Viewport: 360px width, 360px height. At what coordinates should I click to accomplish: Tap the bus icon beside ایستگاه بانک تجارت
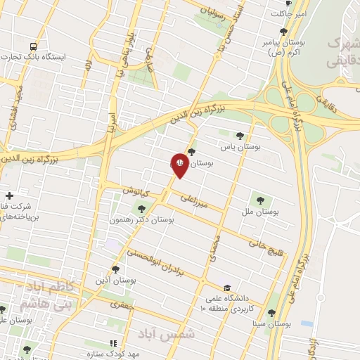pyautogui.click(x=33, y=46)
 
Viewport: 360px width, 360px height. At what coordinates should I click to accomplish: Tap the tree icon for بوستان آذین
pyautogui.click(x=115, y=269)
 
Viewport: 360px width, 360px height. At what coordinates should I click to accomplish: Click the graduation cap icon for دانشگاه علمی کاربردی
pyautogui.click(x=226, y=288)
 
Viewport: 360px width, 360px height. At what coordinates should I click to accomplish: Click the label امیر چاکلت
pyautogui.click(x=291, y=13)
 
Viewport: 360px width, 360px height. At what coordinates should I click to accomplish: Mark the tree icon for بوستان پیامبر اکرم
pyautogui.click(x=283, y=32)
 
